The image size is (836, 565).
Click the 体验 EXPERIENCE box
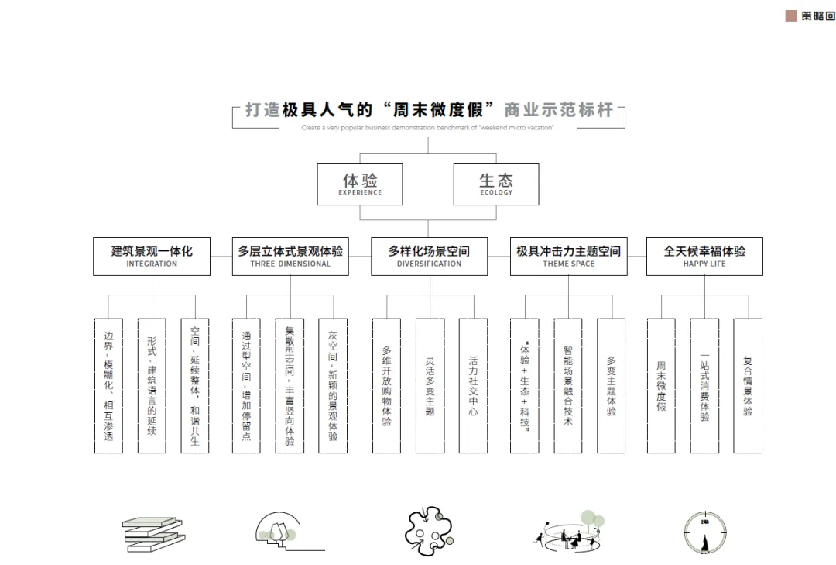[360, 184]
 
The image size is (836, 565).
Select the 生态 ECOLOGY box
[495, 184]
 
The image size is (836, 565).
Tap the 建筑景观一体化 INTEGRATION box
[152, 257]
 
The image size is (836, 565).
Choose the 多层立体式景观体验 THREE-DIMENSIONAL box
[290, 257]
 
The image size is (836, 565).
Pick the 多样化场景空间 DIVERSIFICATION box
[429, 257]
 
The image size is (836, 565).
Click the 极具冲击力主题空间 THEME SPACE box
[568, 257]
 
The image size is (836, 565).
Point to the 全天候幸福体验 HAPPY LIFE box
[704, 257]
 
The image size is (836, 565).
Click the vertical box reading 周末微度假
[661, 386]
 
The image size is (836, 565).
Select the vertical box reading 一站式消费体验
[704, 386]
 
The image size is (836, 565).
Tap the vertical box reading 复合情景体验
[748, 386]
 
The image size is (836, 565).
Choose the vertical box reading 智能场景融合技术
[568, 386]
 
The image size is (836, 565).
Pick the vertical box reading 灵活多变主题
[430, 386]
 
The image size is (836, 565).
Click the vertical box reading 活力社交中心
[473, 386]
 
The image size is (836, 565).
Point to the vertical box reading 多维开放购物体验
[386, 386]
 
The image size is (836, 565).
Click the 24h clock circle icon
[705, 533]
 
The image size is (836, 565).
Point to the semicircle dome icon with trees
[279, 531]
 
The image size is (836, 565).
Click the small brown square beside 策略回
[791, 16]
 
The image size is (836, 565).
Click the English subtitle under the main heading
[428, 128]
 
